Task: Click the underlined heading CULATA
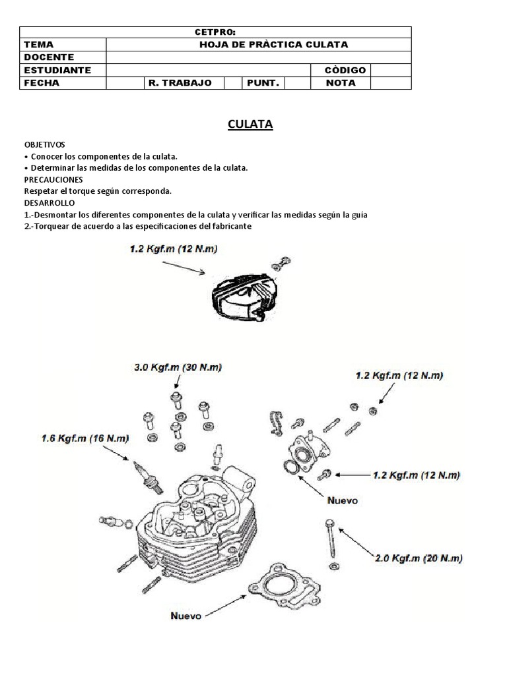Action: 250,124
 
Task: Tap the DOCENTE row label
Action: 49,57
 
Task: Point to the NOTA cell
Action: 341,83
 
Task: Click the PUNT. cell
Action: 263,83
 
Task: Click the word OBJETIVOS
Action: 45,144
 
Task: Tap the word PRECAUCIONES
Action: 53,179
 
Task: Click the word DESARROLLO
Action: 50,203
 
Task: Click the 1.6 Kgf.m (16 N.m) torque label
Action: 84,438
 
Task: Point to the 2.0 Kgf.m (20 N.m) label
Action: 419,558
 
